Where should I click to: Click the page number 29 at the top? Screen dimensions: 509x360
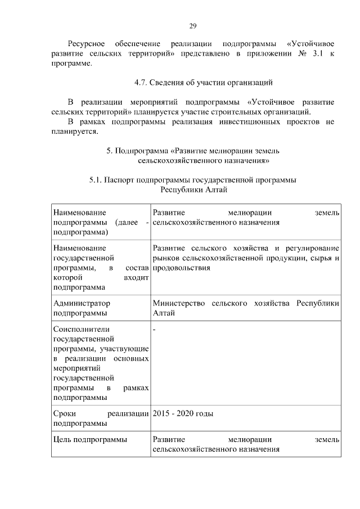[x=192, y=26]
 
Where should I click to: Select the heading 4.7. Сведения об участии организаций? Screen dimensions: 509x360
[x=203, y=83]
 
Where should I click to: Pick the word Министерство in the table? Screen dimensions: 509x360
[x=178, y=304]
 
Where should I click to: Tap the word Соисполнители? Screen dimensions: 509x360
[x=80, y=329]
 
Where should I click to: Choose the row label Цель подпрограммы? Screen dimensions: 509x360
[x=89, y=439]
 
